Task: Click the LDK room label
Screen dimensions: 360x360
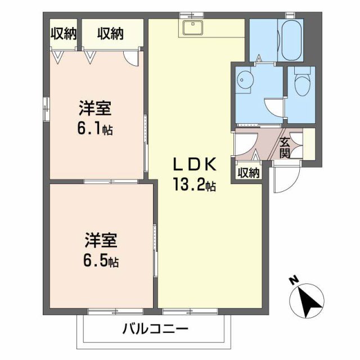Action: [194, 164]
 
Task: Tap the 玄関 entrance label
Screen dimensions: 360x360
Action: [285, 147]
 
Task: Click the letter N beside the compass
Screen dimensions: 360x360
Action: [293, 280]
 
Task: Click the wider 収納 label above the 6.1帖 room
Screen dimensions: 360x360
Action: [110, 34]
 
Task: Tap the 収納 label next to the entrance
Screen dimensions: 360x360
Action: [249, 173]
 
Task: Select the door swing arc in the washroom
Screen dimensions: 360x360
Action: [273, 107]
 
